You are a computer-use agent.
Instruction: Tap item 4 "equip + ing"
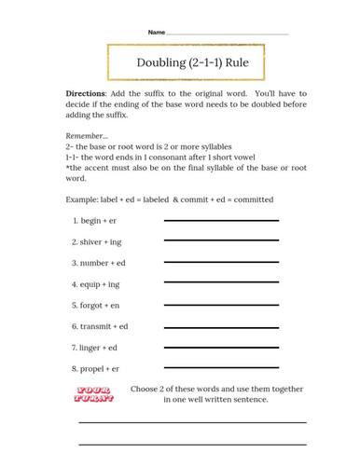click(97, 283)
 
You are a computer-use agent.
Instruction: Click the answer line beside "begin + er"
click(221, 221)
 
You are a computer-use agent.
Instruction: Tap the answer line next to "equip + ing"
click(221, 284)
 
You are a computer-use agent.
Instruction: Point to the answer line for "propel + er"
click(221, 370)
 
